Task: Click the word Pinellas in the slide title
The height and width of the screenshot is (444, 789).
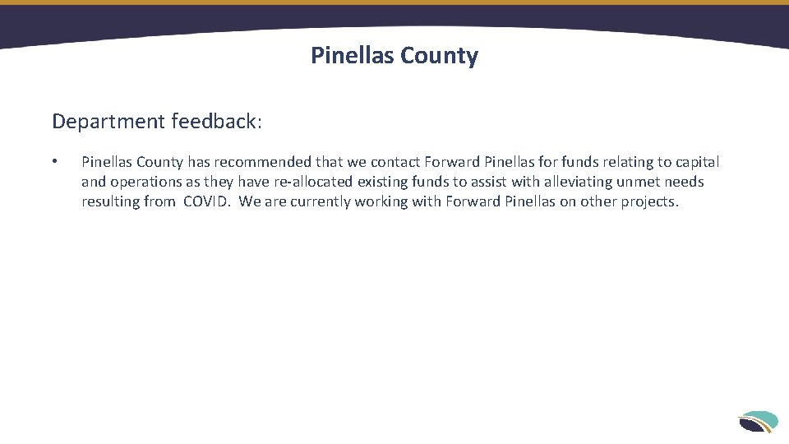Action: click(351, 56)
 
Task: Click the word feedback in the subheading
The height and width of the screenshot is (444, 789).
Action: click(214, 122)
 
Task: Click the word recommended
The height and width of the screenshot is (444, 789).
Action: click(263, 162)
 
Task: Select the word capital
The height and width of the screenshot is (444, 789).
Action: click(696, 162)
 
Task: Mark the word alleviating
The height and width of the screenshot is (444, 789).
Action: click(578, 182)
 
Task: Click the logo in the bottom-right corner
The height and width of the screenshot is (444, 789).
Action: click(758, 421)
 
